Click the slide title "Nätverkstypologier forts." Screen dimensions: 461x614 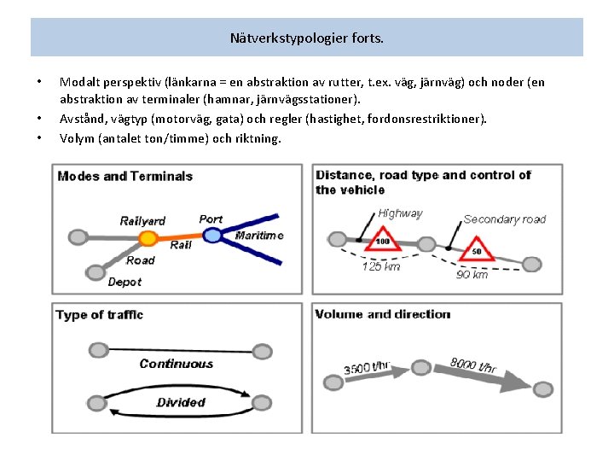pyautogui.click(x=307, y=38)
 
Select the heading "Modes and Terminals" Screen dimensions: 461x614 pyautogui.click(x=125, y=177)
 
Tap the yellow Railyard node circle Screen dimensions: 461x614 pyautogui.click(x=148, y=238)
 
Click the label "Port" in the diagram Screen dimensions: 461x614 pyautogui.click(x=211, y=219)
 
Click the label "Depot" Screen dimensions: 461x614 pyautogui.click(x=125, y=282)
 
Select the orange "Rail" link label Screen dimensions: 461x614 pyautogui.click(x=181, y=246)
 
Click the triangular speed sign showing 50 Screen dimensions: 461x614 pyautogui.click(x=476, y=248)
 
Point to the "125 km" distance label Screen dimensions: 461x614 pyautogui.click(x=381, y=267)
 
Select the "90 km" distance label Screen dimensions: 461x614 pyautogui.click(x=472, y=275)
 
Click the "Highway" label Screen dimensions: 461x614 pyautogui.click(x=400, y=213)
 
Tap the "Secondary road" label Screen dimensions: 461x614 pyautogui.click(x=504, y=219)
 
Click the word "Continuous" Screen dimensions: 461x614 pyautogui.click(x=176, y=364)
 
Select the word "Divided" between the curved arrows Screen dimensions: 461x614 pyautogui.click(x=181, y=402)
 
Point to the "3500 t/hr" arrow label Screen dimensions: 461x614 pyautogui.click(x=368, y=369)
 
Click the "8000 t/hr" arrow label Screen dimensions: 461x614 pyautogui.click(x=473, y=365)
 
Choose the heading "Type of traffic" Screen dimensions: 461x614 pyautogui.click(x=99, y=315)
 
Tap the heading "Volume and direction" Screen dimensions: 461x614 pyautogui.click(x=382, y=314)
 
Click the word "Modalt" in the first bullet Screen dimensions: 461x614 pyautogui.click(x=78, y=83)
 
